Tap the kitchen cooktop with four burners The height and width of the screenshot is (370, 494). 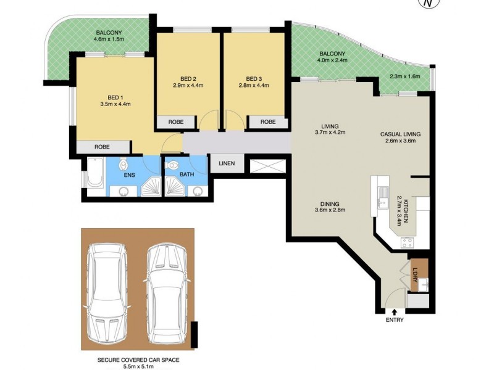[408, 241]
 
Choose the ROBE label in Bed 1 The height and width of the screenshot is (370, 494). [103, 147]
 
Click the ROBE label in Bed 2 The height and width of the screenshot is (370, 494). [177, 122]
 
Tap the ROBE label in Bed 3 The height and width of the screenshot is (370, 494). [268, 122]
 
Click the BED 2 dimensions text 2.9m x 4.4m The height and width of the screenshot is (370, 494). [188, 86]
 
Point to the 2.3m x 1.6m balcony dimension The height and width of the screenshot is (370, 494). [404, 76]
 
